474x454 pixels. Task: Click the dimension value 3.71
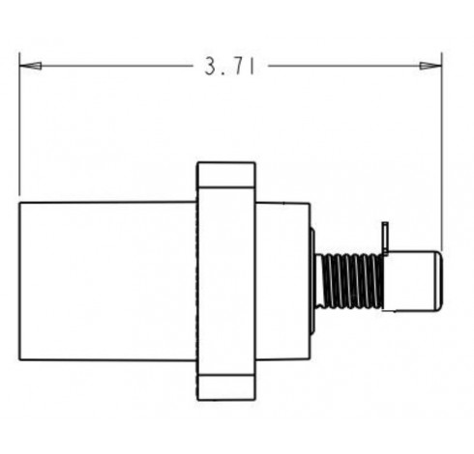coord(230,67)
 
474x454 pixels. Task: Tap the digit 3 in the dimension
coord(211,67)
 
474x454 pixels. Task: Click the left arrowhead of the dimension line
coord(30,66)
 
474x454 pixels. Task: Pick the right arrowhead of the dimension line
coord(431,66)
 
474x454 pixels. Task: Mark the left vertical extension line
coord(19,124)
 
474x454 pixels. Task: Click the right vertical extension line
coord(442,152)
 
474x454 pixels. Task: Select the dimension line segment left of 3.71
coord(105,66)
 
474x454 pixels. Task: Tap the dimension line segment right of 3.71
coord(355,66)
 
